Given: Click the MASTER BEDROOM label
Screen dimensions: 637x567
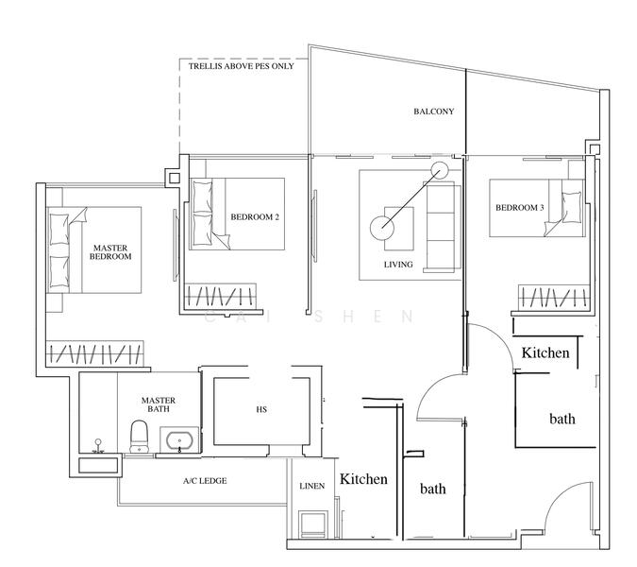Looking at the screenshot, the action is pyautogui.click(x=110, y=252).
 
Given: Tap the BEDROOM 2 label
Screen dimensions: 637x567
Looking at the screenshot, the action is pyautogui.click(x=255, y=217).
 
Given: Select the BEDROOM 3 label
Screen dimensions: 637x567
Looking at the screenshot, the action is pyautogui.click(x=520, y=208).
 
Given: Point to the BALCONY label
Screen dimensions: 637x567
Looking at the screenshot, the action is pyautogui.click(x=434, y=112).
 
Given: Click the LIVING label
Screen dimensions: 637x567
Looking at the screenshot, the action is pyautogui.click(x=398, y=265).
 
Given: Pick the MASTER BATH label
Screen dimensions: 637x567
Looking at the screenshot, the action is pyautogui.click(x=159, y=404).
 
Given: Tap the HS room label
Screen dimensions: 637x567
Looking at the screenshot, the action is pyautogui.click(x=261, y=409).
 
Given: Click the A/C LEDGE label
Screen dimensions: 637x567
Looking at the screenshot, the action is pyautogui.click(x=205, y=481).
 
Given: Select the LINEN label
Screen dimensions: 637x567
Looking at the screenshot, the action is pyautogui.click(x=312, y=486).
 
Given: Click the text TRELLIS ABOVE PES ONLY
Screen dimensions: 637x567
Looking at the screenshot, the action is pyautogui.click(x=241, y=66).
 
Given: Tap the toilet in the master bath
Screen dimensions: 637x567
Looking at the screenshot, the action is pyautogui.click(x=139, y=437).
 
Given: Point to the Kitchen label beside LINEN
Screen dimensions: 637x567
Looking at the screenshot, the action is pyautogui.click(x=363, y=479).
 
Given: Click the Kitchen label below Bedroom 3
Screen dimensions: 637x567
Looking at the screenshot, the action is pyautogui.click(x=545, y=352).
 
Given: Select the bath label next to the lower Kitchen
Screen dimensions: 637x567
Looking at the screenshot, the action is pyautogui.click(x=432, y=489).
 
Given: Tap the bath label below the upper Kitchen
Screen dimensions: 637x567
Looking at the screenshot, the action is pyautogui.click(x=562, y=419).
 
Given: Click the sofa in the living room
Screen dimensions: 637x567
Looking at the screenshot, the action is pyautogui.click(x=442, y=227).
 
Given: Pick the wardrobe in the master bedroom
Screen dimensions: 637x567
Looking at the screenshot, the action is pyautogui.click(x=94, y=352).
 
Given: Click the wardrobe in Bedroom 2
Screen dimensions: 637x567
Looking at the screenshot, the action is pyautogui.click(x=221, y=296).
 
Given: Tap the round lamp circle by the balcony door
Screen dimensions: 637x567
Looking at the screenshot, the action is pyautogui.click(x=439, y=170).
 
